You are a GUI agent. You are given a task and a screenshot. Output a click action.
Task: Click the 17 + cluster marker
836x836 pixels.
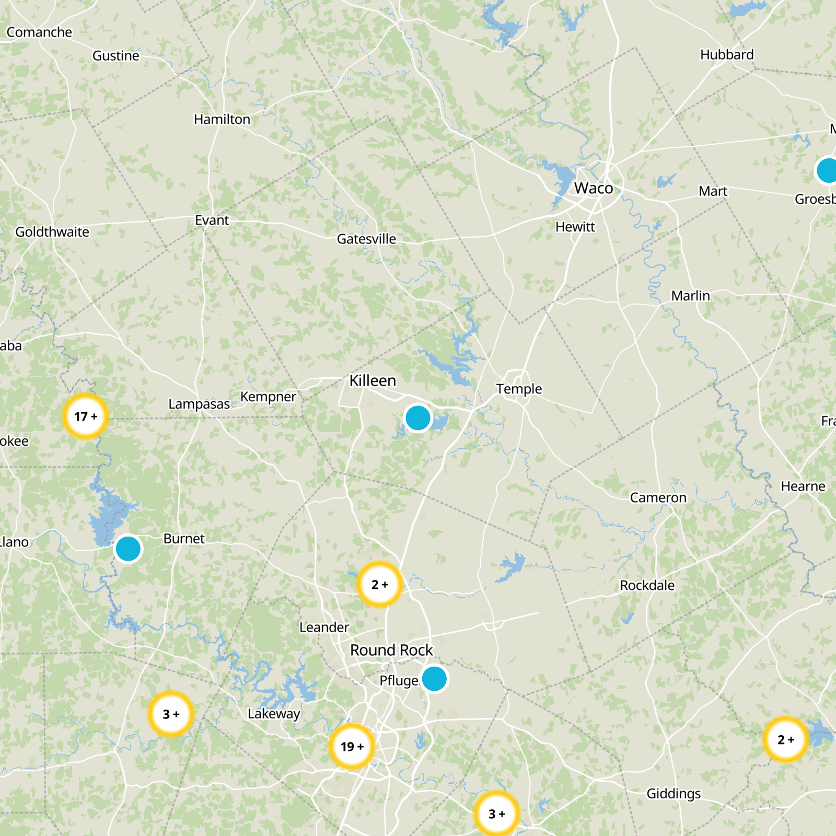85,416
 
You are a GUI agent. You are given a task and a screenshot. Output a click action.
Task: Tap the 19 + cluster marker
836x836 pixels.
352,746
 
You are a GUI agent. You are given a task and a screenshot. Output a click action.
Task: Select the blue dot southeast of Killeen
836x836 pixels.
417,418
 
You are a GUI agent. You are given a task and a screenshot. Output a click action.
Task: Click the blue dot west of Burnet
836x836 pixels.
128,549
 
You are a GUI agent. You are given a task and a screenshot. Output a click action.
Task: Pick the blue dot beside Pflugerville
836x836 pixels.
434,678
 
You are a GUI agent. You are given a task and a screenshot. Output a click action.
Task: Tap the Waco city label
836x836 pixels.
594,188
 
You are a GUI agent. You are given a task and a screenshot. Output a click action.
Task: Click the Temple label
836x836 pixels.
519,389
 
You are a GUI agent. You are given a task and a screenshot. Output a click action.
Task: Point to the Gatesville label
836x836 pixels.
366,239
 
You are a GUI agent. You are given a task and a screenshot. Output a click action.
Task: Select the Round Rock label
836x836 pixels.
391,650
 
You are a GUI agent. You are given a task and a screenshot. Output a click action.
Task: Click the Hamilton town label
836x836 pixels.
222,119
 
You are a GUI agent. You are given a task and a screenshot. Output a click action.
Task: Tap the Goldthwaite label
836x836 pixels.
52,231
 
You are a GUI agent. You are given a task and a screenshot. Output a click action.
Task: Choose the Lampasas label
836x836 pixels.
199,404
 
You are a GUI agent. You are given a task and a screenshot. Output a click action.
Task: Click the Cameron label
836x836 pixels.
658,497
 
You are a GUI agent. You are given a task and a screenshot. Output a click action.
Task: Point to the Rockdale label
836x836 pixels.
647,585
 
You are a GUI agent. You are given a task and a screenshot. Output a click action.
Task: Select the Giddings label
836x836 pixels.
674,794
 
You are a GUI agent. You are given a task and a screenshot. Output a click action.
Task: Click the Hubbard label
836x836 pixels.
727,54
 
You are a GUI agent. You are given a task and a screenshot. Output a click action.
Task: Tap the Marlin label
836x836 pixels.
690,296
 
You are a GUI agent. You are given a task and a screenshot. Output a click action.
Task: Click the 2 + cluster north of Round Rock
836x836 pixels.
380,584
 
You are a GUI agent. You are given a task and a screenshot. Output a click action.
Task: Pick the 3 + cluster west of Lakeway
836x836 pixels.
171,714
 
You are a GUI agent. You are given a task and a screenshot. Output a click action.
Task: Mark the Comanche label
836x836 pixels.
39,32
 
